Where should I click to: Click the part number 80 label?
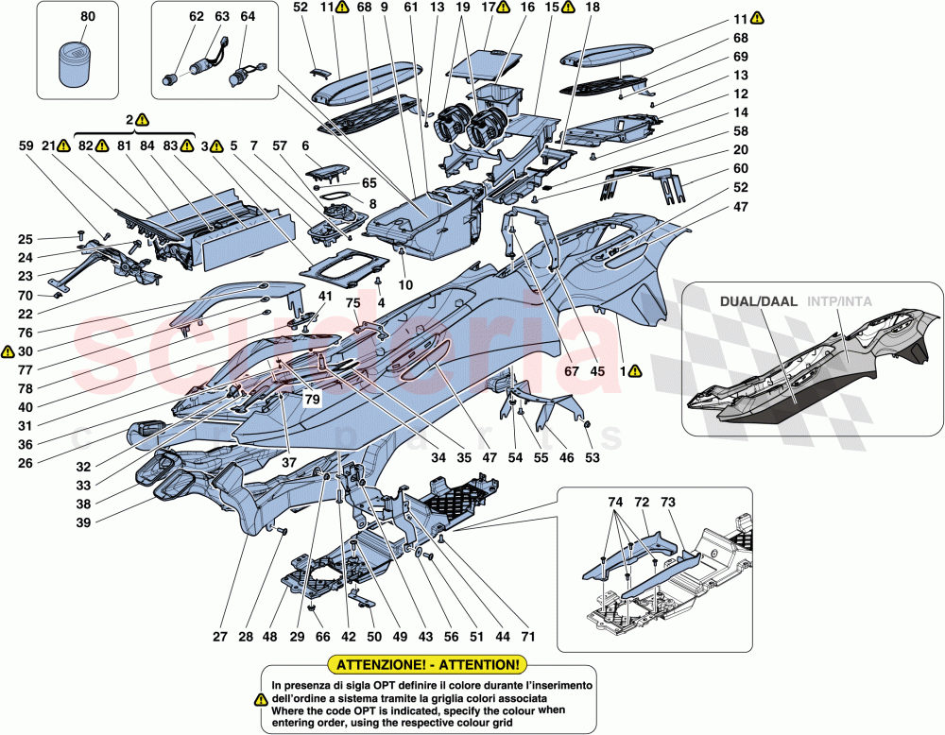(88, 17)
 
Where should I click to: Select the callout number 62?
(196, 17)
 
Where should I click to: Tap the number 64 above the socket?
(248, 17)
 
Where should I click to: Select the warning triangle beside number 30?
(8, 351)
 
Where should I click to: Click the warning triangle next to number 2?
(142, 120)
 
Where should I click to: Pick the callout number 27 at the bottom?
(219, 638)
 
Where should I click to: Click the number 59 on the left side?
(25, 146)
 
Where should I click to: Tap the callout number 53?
(592, 458)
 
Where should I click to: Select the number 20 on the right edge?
(740, 151)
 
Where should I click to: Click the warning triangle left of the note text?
(261, 700)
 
